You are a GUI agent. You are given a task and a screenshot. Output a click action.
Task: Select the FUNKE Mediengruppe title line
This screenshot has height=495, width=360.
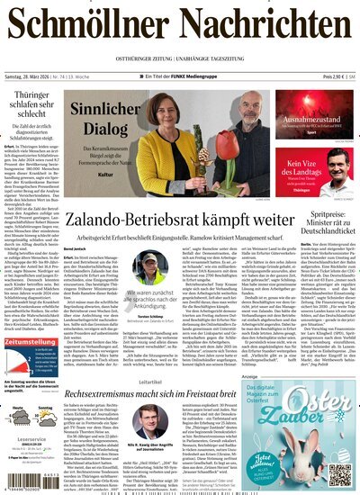pyautogui.click(x=180, y=78)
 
